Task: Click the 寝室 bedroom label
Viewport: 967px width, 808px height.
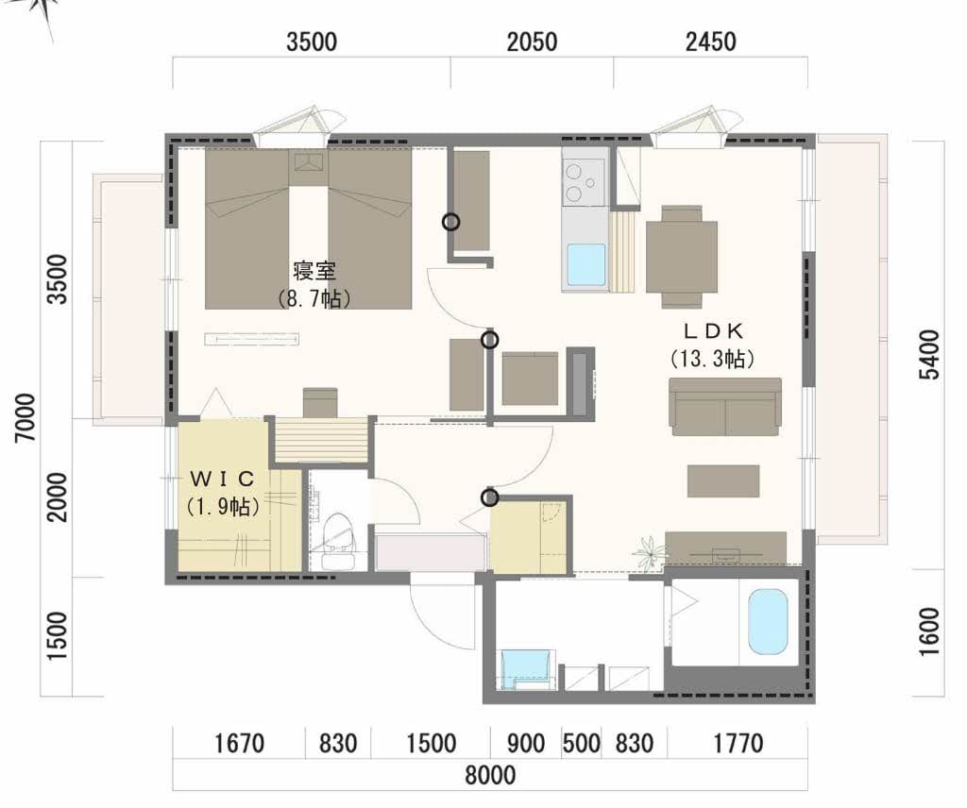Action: click(314, 271)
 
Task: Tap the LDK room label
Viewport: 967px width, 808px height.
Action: click(714, 331)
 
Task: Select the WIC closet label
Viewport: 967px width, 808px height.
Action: click(222, 479)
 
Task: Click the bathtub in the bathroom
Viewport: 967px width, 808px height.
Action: click(768, 622)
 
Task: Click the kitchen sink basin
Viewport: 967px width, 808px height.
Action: click(585, 264)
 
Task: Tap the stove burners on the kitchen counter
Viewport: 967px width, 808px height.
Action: click(583, 182)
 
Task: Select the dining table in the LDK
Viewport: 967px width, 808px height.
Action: click(682, 257)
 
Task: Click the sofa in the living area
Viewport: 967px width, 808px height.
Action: click(725, 407)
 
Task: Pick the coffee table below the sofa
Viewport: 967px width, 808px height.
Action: click(723, 480)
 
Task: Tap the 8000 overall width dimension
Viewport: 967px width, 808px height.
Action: click(490, 775)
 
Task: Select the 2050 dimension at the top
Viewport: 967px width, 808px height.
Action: click(532, 42)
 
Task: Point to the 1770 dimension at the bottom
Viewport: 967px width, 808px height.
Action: click(738, 743)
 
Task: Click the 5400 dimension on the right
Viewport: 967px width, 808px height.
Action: click(929, 355)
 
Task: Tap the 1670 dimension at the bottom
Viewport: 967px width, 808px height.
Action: click(239, 743)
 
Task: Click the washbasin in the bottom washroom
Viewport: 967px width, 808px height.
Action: click(525, 668)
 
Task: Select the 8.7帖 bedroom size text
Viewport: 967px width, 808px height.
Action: click(314, 299)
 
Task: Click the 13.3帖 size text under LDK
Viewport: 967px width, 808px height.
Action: click(713, 358)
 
